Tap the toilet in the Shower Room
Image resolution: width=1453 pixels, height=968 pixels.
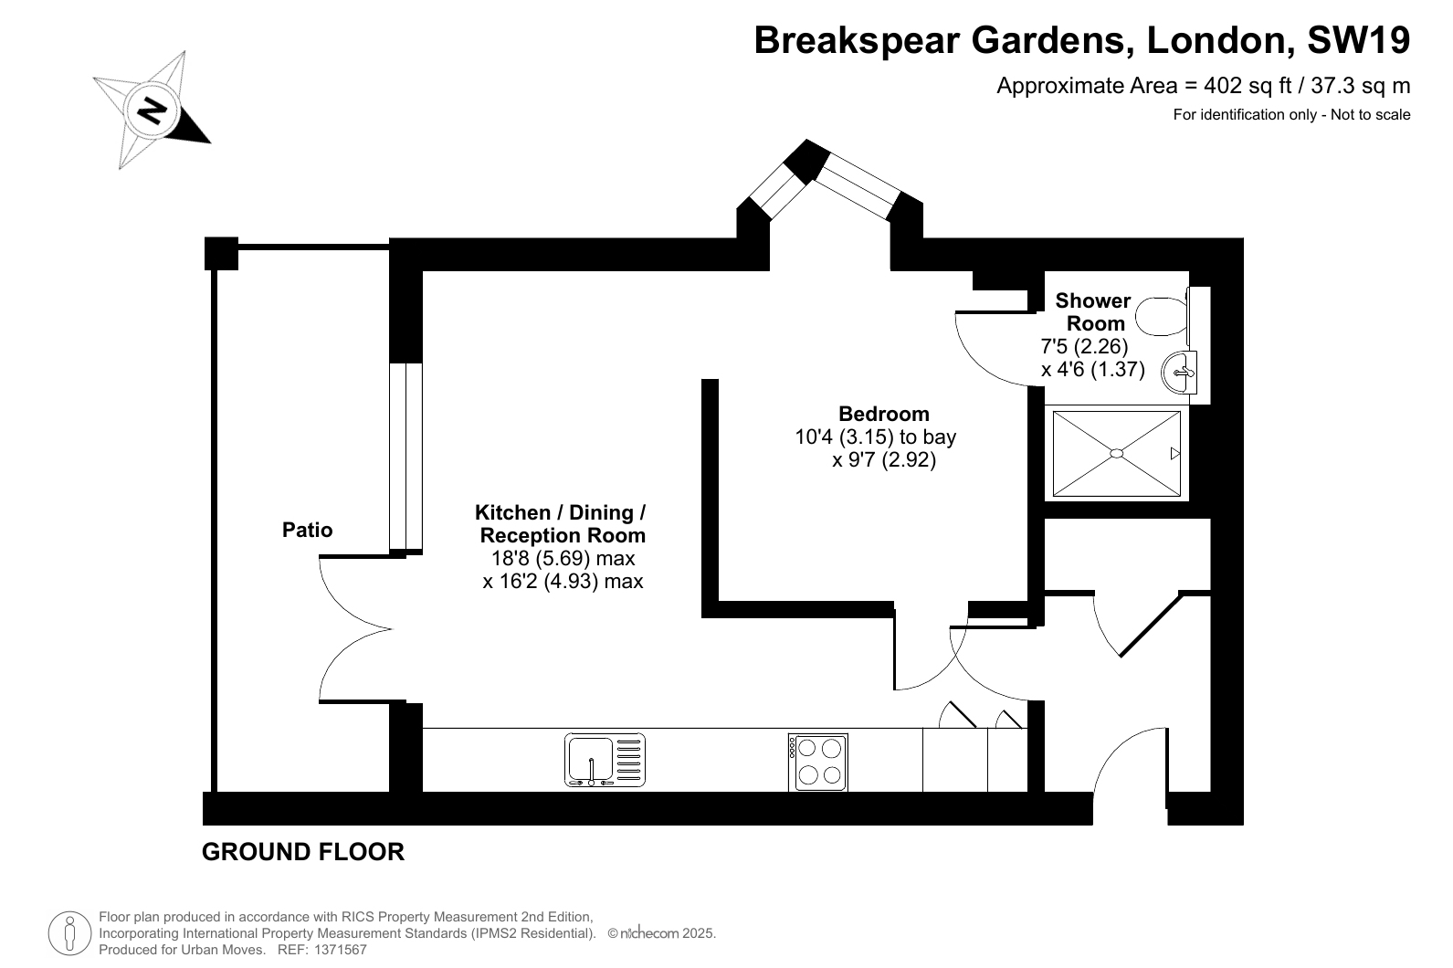[x=1164, y=316]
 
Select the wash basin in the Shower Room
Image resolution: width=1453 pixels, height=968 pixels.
[x=1179, y=373]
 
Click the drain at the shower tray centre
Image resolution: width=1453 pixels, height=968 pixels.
[x=1116, y=454]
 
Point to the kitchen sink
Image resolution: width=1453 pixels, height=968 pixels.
[x=605, y=760]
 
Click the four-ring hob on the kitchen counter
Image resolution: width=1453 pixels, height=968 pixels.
[x=818, y=763]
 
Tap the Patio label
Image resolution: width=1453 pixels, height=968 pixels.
[x=308, y=530]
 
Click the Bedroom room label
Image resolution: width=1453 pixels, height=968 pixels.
[x=883, y=414]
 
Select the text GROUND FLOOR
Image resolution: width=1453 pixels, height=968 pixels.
[x=303, y=851]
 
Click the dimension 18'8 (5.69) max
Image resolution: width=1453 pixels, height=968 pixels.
[x=563, y=558]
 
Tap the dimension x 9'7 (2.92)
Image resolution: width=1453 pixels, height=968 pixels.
[x=884, y=460]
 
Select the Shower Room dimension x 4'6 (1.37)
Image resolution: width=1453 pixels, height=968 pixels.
[x=1093, y=370]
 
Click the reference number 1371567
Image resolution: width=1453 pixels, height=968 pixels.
[x=341, y=950]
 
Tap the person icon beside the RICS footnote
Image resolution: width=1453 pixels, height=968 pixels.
[x=70, y=933]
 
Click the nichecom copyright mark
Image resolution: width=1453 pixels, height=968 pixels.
[x=661, y=933]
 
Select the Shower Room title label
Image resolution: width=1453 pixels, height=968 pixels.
[x=1094, y=312]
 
